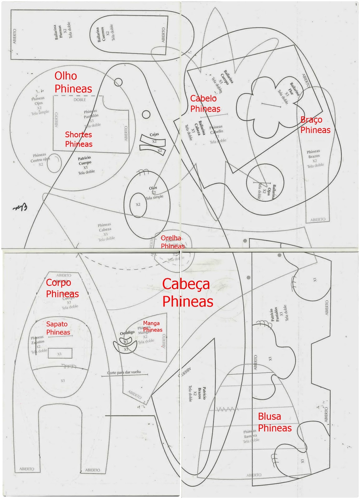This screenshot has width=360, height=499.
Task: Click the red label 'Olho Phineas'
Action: [x=73, y=82]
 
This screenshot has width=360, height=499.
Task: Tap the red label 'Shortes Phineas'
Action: [x=79, y=139]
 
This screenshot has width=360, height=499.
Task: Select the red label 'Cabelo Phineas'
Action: [x=205, y=104]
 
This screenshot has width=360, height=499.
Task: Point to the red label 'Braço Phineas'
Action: [x=315, y=125]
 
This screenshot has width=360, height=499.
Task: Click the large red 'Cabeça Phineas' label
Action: [x=187, y=293]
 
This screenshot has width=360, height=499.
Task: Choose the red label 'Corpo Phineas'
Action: [x=62, y=288]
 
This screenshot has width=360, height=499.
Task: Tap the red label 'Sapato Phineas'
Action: [x=58, y=328]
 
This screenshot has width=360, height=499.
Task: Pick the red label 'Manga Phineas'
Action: [x=152, y=326]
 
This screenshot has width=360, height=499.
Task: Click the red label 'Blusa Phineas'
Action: [x=275, y=422]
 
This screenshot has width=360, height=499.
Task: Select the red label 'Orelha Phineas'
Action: [x=173, y=242]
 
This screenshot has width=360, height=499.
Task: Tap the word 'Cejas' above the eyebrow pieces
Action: [x=154, y=134]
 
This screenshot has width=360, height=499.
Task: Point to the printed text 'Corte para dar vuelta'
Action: [x=124, y=372]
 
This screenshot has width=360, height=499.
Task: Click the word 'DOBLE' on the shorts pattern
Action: [x=80, y=100]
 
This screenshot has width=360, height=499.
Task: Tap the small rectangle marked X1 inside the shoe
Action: [x=60, y=354]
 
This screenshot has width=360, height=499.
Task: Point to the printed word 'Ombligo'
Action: [x=127, y=333]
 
